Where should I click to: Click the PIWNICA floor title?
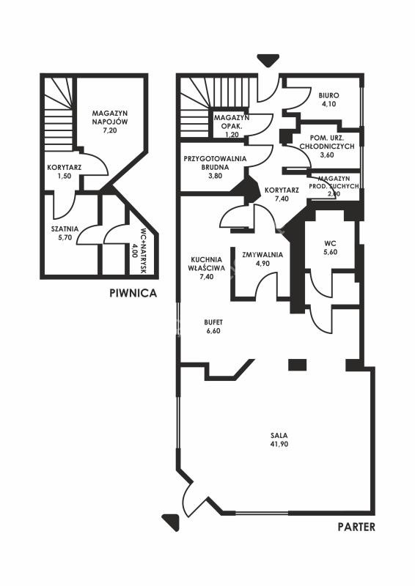pos(133,293)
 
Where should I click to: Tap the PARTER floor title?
pos(356,527)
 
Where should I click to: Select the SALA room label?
pos(279,435)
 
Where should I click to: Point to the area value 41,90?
pos(279,445)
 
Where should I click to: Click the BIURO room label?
pos(329,95)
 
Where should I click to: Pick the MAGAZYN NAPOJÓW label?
pos(111,117)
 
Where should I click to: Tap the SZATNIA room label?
pos(65,229)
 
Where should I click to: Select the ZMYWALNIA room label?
pos(262,255)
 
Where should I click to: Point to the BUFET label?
pos(213,322)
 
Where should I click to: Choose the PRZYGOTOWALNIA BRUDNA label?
pos(215,163)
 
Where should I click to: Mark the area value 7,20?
pos(111,130)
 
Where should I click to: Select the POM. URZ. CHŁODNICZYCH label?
pos(327,141)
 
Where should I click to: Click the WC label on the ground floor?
pos(331,243)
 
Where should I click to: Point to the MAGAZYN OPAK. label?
pos(232,122)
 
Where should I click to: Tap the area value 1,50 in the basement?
pos(65,177)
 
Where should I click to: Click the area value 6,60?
pos(213,331)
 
